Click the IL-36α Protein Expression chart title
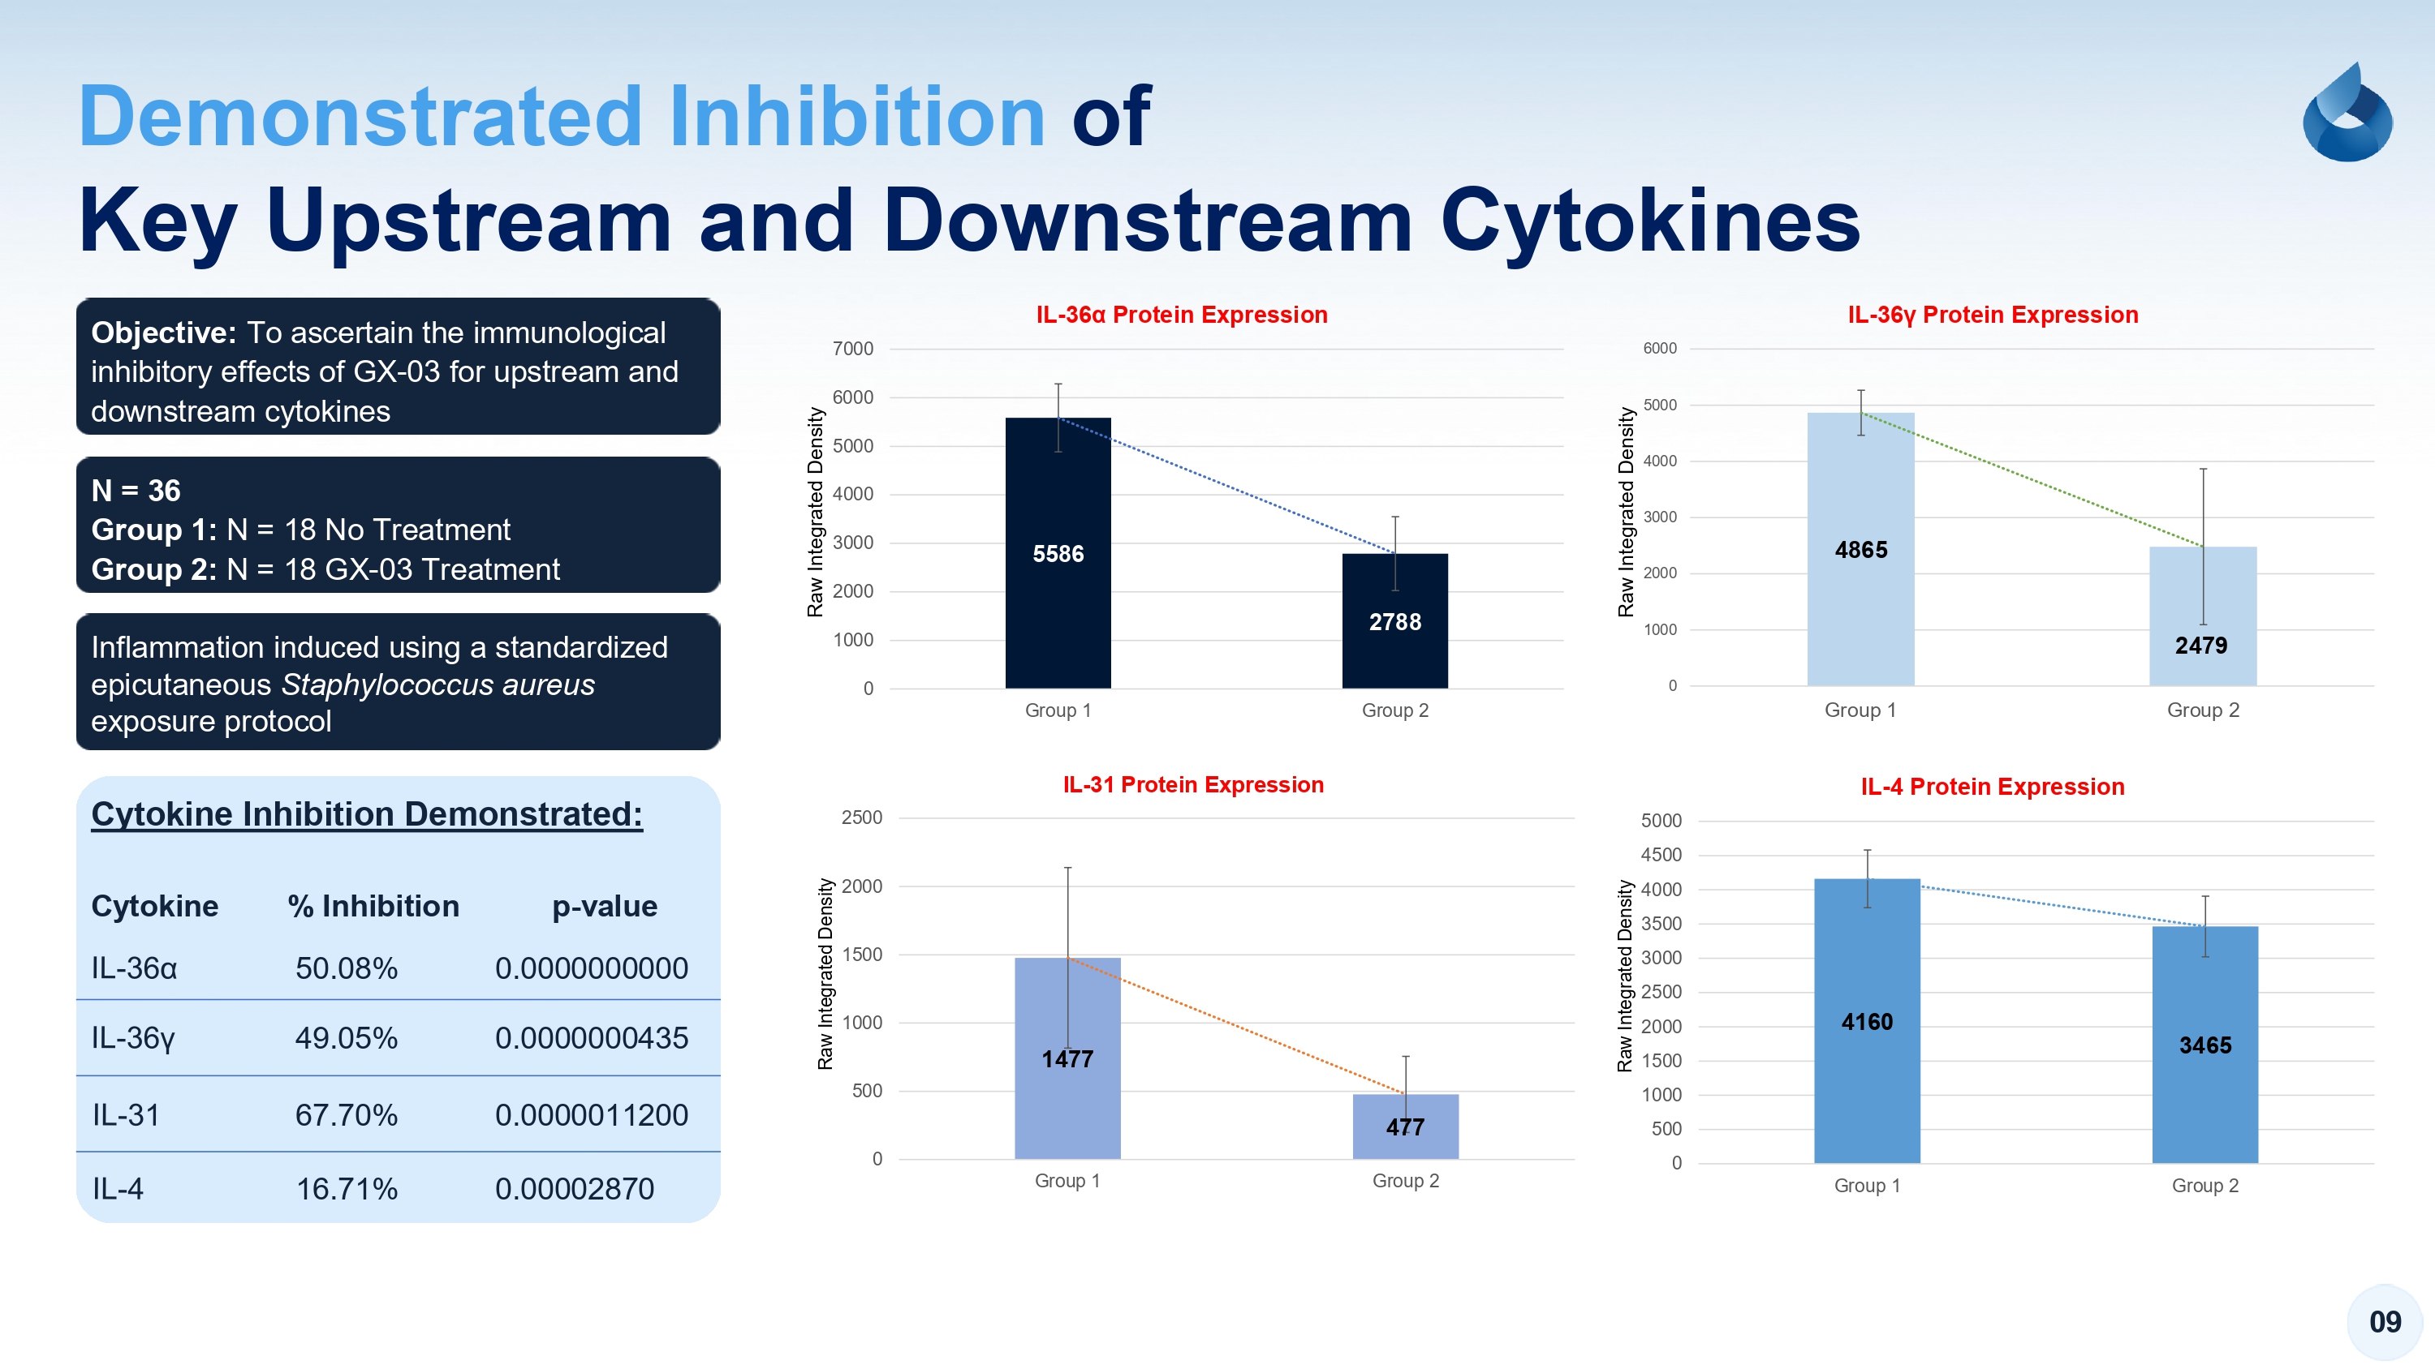[1181, 315]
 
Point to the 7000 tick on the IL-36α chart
[852, 349]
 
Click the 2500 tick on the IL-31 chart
[861, 818]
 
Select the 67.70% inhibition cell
[346, 1115]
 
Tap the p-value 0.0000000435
[591, 1037]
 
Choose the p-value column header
[604, 906]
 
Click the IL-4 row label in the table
[117, 1188]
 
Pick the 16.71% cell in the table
[346, 1188]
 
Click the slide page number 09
[2384, 1322]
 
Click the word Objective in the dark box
[162, 333]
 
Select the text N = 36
[136, 491]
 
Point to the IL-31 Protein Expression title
[1192, 784]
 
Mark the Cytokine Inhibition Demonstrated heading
[366, 813]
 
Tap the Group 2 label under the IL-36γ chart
[2203, 710]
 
